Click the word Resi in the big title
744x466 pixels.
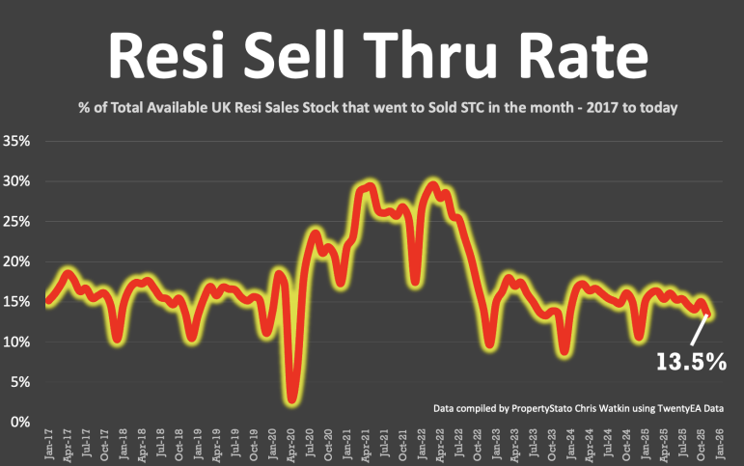tap(168, 57)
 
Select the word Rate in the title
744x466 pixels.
tap(582, 57)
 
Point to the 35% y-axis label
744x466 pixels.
tap(18, 141)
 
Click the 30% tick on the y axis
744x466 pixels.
tap(18, 181)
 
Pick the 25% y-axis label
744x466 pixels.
tap(18, 221)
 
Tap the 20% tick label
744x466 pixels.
tap(18, 261)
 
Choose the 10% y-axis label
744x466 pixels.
tap(18, 343)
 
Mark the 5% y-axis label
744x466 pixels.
tap(22, 382)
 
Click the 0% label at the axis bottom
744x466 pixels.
tap(22, 423)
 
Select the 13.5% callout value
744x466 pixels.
tap(692, 361)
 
